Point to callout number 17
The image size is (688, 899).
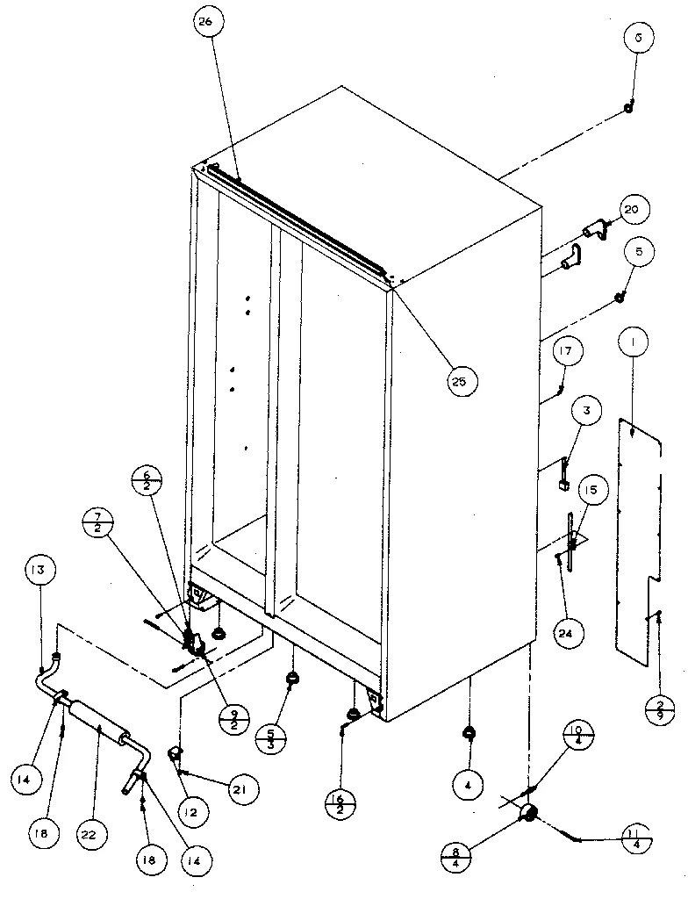coord(566,352)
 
